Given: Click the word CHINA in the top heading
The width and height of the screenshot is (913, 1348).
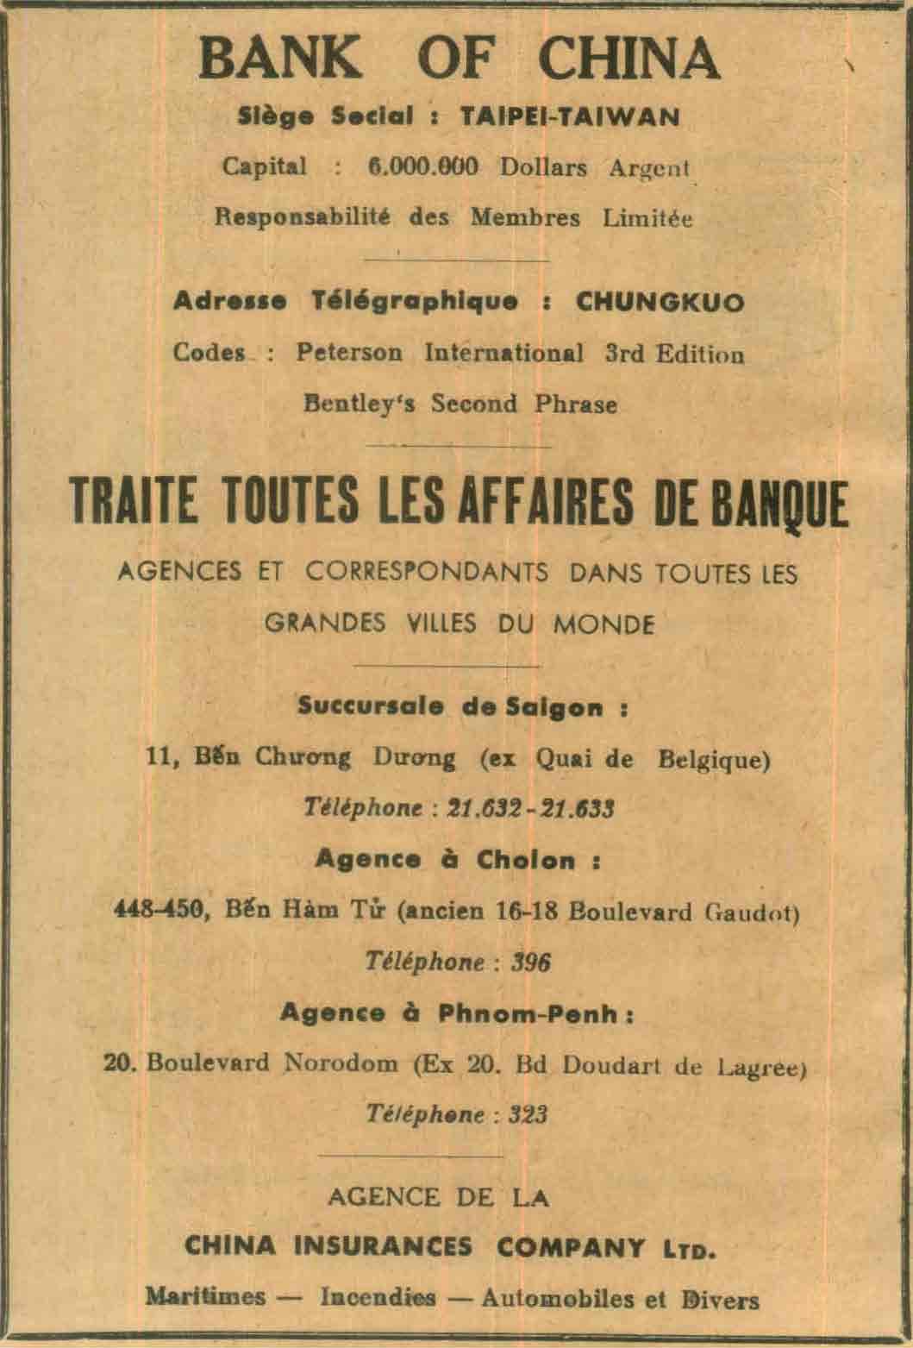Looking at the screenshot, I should coord(628,59).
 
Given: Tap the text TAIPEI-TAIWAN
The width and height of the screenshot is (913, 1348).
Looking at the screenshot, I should coord(569,116).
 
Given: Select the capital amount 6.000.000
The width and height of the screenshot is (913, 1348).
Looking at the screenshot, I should coord(422,166).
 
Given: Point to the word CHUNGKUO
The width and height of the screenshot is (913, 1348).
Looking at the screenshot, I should coord(660,302).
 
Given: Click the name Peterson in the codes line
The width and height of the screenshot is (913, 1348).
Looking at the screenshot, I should coord(349,354).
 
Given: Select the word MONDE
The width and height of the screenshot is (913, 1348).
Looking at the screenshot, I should coord(603,624).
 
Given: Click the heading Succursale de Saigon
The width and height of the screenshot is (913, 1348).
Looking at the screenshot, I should coord(461,708).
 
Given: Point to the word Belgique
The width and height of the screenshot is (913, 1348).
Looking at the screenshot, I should coord(713,759).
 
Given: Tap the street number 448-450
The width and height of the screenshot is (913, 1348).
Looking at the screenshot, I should coord(159,909).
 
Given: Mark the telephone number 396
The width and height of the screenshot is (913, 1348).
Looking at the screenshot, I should coord(530,962).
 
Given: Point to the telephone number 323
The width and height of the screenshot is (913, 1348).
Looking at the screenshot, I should coord(528,1114).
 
